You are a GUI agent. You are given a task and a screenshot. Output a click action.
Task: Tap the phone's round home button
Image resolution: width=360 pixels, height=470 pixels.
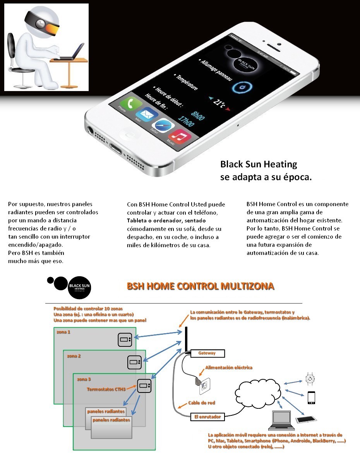(x=129, y=135)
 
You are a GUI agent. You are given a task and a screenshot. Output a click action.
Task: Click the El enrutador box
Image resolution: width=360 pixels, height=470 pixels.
(x=207, y=417)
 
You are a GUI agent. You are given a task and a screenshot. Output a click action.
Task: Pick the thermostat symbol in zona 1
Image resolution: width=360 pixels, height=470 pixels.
(x=125, y=339)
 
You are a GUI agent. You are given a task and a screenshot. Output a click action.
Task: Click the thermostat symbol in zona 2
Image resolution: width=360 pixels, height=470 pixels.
(x=135, y=362)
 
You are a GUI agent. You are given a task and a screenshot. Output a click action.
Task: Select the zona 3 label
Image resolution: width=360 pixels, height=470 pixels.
(x=84, y=379)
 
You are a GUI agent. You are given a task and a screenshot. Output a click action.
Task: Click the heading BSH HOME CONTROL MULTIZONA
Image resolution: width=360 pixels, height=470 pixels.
(x=201, y=286)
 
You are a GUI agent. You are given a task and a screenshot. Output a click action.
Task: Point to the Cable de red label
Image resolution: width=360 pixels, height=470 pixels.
(x=201, y=403)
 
